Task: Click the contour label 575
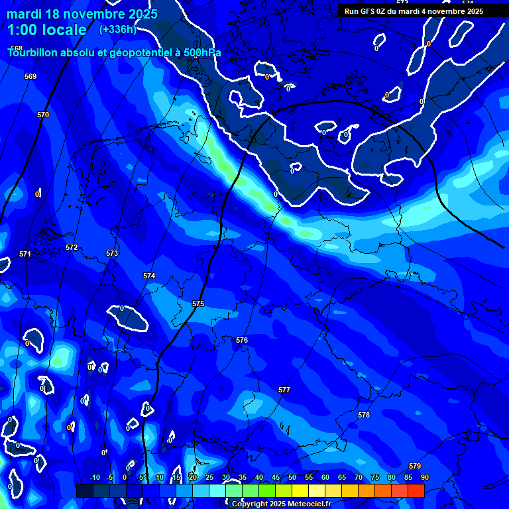(198, 304)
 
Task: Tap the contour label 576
(242, 340)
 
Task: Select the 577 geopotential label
(284, 390)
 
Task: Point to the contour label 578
(364, 415)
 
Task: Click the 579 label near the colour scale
(415, 466)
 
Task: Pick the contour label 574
(149, 276)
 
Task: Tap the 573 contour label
(112, 254)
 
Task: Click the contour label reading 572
(72, 247)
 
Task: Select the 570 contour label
(43, 115)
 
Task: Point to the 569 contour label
(30, 76)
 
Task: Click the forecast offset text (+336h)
(117, 29)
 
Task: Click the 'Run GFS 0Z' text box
(414, 11)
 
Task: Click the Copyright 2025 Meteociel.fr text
(281, 504)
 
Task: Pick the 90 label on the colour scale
(424, 477)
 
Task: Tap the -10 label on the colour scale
(94, 477)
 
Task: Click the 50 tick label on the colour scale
(292, 477)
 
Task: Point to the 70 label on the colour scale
(359, 477)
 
